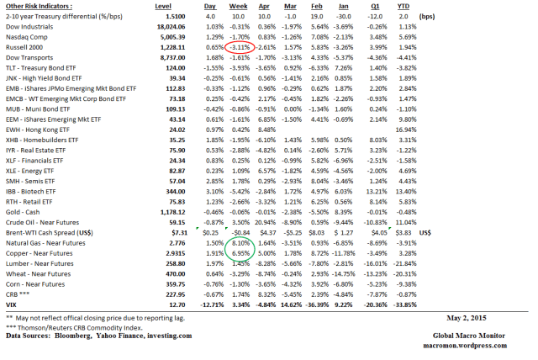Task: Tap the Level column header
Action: (175, 6)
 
